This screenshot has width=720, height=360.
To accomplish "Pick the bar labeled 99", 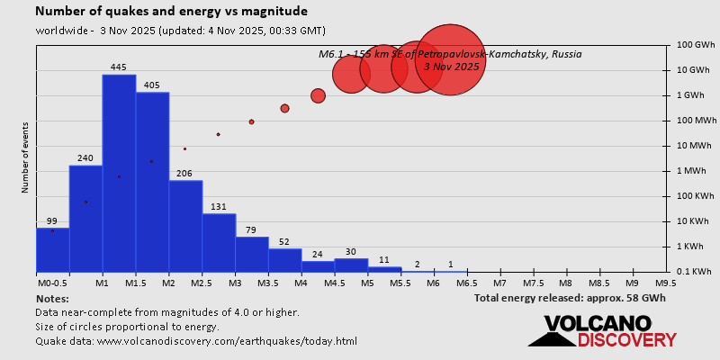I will click(52, 249).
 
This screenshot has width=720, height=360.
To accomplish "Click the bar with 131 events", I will click(219, 242).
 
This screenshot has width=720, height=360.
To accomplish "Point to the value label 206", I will click(185, 174).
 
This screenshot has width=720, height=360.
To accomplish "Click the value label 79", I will click(252, 230).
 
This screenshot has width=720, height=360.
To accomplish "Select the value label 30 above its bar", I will click(351, 252).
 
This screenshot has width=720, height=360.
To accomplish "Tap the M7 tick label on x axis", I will click(499, 283).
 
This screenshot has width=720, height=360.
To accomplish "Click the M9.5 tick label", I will click(666, 283).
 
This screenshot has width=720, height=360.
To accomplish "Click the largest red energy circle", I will click(451, 58).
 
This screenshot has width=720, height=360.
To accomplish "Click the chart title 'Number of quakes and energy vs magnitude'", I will click(171, 12).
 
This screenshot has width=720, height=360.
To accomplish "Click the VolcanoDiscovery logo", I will click(603, 331).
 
